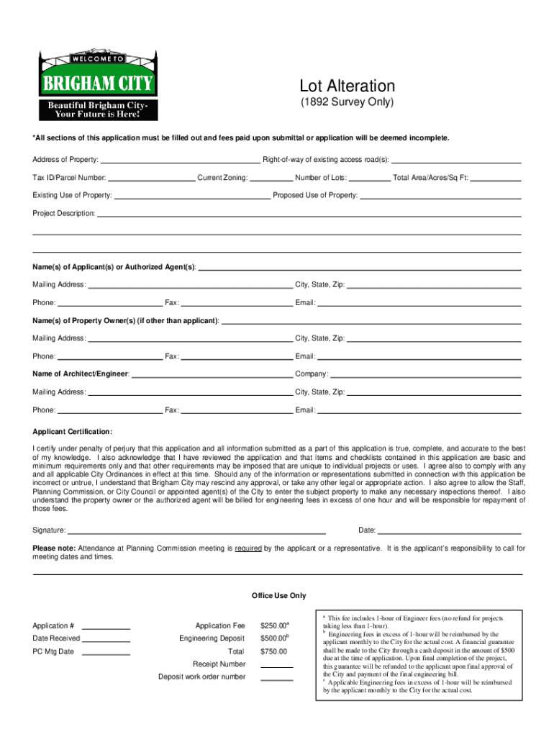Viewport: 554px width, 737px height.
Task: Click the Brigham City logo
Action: tap(98, 86)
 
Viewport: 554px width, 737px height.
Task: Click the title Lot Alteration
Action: tap(347, 86)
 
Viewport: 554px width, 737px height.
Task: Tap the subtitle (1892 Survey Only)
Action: tap(347, 102)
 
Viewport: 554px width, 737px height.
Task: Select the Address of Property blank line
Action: tap(181, 160)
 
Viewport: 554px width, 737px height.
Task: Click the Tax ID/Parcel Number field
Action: tap(151, 177)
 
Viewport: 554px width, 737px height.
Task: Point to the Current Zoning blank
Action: tap(271, 177)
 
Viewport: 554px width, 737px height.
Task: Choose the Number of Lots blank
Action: tap(370, 177)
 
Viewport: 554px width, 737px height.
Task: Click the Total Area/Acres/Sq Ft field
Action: tap(496, 177)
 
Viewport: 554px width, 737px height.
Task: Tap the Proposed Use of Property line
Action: tap(440, 195)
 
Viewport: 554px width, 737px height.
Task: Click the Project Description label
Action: tap(64, 214)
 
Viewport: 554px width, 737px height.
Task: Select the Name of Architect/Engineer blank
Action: tap(212, 374)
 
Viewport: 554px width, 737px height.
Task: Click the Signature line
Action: tap(196, 530)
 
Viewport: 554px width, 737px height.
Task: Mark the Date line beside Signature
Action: tap(450, 530)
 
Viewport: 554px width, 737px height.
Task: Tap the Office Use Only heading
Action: tap(279, 596)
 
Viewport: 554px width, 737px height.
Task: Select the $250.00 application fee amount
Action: tap(273, 626)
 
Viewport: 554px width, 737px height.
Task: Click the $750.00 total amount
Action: tap(273, 652)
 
